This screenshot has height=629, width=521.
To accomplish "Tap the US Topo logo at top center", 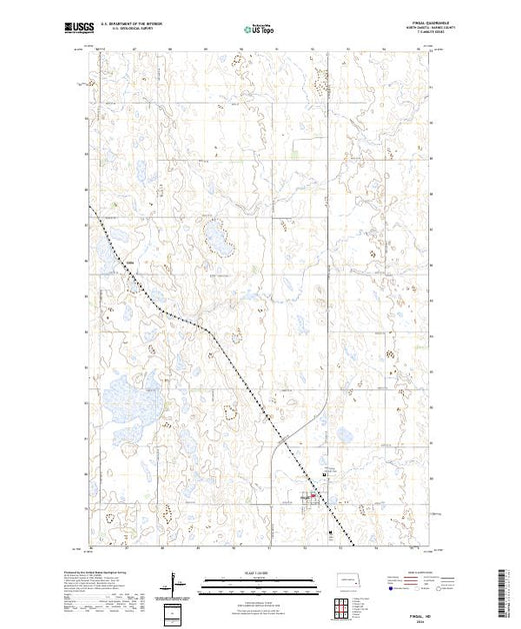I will pyautogui.click(x=261, y=31).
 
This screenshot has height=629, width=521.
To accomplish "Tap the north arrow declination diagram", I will pyautogui.click(x=177, y=581).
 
